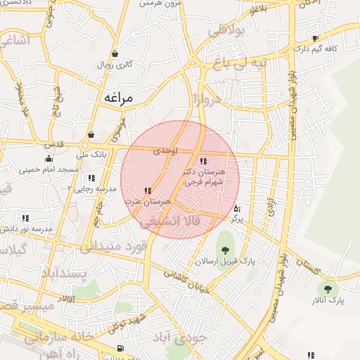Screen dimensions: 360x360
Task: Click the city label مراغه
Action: [118, 98]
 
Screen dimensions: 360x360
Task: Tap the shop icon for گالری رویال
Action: [115, 54]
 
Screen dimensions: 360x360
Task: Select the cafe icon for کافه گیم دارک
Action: [314, 39]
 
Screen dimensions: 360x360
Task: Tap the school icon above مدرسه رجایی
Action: [92, 178]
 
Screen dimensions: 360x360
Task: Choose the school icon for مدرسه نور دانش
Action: [26, 219]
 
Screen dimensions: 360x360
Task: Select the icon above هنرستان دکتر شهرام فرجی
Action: [203, 161]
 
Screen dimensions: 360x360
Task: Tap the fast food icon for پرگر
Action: [237, 209]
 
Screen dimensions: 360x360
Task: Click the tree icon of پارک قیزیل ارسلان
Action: [225, 249]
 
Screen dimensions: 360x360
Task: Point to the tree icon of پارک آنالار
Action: [327, 288]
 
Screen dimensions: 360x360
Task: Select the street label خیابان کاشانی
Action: [186, 281]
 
